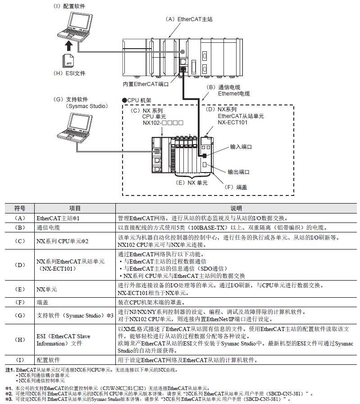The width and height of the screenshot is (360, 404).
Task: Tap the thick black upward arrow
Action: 68,45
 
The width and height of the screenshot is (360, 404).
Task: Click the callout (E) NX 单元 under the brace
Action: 191,183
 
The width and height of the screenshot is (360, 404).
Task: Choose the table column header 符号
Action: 20,209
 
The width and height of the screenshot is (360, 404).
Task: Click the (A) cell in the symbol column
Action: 20,218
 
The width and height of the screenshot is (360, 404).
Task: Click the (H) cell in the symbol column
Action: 20,340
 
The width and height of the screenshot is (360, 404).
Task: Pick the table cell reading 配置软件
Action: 48,360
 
